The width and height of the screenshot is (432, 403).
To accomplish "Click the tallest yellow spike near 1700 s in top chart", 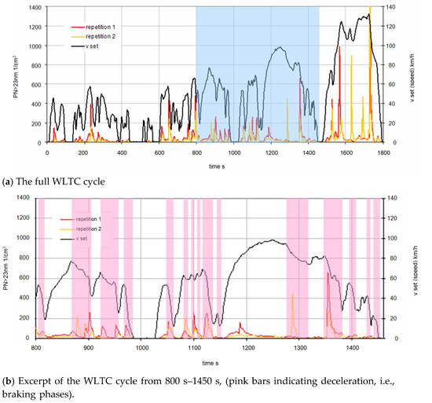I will [x=369, y=9].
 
